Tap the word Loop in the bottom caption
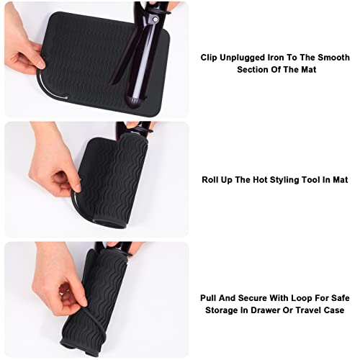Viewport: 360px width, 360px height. (302, 298)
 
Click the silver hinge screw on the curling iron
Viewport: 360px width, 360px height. (156, 19)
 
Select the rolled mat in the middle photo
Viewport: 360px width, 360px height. (113, 181)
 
